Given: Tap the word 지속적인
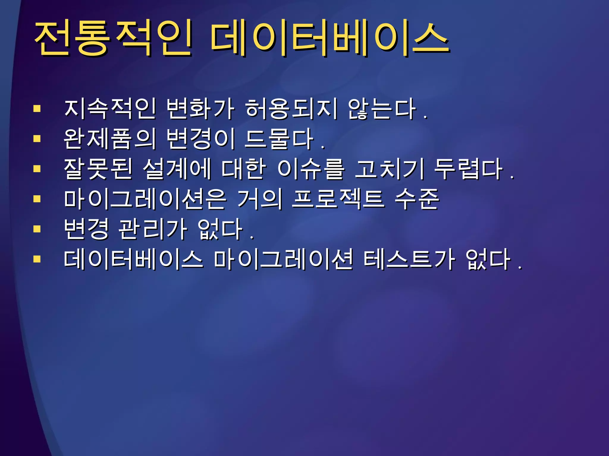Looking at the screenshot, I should tap(110, 109).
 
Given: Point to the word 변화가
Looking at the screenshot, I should tap(200, 109).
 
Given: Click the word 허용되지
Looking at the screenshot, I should tap(291, 109).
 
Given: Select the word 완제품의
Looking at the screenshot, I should tap(110, 139).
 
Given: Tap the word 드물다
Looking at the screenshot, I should tap(279, 139).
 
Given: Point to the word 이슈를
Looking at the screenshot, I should tap(311, 169).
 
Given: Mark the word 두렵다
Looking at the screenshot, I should tap(468, 169).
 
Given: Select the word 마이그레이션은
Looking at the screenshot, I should tap(145, 199).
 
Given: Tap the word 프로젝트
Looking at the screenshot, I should tap(338, 199).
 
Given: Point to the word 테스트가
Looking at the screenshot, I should tap(409, 259).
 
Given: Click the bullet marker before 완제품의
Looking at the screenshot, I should tap(37, 139).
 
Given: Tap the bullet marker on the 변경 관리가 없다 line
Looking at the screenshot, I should tap(37, 229).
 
